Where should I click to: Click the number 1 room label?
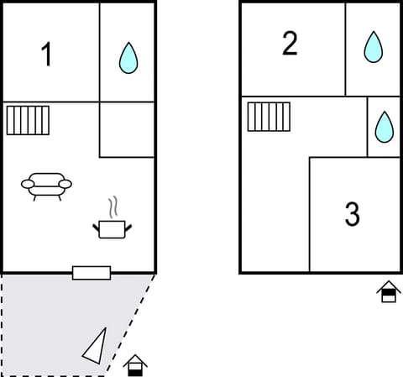(x=47, y=55)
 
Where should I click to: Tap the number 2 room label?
(x=290, y=44)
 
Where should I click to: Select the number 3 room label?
(x=353, y=214)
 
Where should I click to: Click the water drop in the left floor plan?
(x=128, y=58)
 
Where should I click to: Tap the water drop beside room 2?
(x=373, y=47)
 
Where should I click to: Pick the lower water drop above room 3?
(x=384, y=126)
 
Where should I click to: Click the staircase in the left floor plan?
(x=28, y=120)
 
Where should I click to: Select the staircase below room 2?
(x=269, y=117)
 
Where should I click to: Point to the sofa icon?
(x=46, y=184)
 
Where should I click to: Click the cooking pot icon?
(x=112, y=228)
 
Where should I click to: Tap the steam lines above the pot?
(x=113, y=207)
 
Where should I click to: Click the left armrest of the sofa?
(x=27, y=184)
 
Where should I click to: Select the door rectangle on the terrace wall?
(x=92, y=272)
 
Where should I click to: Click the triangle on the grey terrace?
(x=96, y=345)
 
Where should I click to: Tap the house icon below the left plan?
(x=135, y=365)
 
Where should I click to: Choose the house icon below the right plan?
(x=388, y=291)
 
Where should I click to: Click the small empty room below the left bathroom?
(x=127, y=129)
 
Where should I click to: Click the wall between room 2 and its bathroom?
(x=345, y=49)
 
